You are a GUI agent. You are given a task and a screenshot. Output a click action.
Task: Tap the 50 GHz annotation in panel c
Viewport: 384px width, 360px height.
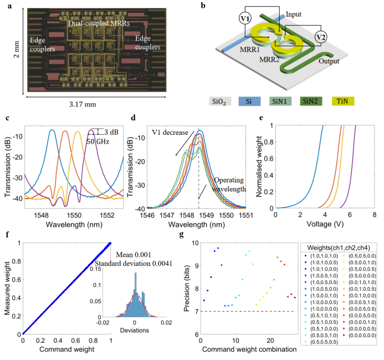(99, 141)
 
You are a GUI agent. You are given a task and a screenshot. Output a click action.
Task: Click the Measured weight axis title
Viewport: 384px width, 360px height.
(9, 288)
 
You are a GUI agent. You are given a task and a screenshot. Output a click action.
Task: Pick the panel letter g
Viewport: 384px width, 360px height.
(192, 234)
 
